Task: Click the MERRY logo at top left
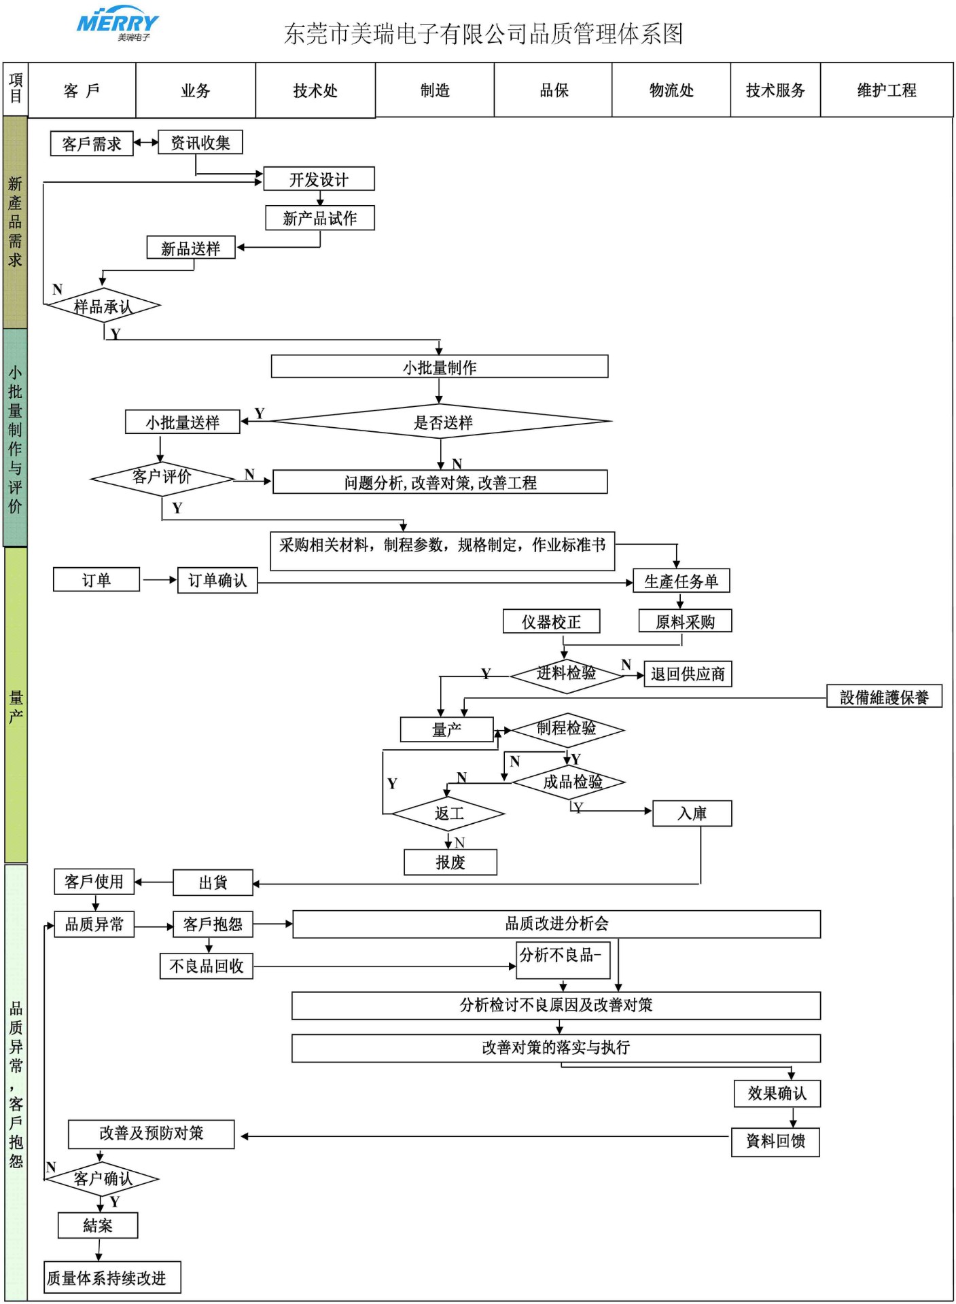click(x=117, y=24)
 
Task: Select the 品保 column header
click(x=553, y=90)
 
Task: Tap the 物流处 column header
click(x=671, y=90)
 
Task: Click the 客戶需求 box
click(x=92, y=144)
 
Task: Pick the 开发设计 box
click(x=319, y=179)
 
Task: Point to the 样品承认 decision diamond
click(x=103, y=306)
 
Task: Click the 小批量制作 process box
click(x=439, y=367)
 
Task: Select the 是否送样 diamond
click(x=442, y=422)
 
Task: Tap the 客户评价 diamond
click(x=162, y=477)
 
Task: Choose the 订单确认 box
click(x=217, y=581)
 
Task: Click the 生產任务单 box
click(x=681, y=581)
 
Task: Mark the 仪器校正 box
click(x=551, y=621)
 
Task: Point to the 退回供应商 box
click(x=688, y=674)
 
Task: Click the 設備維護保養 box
click(x=884, y=697)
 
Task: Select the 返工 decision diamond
click(x=448, y=813)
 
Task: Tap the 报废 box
click(x=450, y=863)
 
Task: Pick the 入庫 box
click(x=692, y=814)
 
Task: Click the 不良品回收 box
click(x=207, y=966)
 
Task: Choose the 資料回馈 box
click(x=775, y=1142)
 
